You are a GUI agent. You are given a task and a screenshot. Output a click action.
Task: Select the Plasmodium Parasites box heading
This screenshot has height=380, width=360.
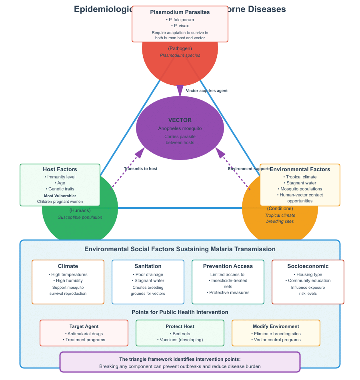tap(180, 12)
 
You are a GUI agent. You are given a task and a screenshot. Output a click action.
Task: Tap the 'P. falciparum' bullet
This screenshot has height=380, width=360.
tap(180, 20)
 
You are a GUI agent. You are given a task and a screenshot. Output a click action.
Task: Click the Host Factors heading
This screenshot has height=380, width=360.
tap(60, 170)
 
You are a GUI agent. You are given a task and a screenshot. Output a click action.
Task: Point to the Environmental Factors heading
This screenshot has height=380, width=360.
tap(300, 170)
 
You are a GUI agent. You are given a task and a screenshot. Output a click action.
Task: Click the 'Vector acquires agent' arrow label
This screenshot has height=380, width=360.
tap(207, 91)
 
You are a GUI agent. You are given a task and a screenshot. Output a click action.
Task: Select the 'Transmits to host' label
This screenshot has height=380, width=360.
tap(140, 169)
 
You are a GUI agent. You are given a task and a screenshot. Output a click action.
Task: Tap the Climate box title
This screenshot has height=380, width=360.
tap(68, 266)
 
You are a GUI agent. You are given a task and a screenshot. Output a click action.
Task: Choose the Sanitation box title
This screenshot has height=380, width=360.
tap(148, 266)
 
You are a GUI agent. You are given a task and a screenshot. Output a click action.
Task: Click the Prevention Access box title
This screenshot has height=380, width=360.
tap(228, 266)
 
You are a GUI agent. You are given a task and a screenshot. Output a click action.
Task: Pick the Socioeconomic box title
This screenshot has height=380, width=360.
tap(308, 266)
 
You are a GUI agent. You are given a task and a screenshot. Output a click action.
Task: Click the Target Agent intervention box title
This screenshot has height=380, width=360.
tap(84, 326)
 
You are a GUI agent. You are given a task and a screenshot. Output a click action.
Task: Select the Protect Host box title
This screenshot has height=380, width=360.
tap(180, 326)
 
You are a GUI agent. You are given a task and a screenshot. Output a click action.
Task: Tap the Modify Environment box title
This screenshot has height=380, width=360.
tap(276, 326)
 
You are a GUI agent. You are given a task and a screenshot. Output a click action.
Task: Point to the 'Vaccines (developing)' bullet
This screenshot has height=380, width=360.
tap(180, 340)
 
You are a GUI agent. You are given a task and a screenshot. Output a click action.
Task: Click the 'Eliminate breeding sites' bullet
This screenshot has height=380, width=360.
tap(276, 334)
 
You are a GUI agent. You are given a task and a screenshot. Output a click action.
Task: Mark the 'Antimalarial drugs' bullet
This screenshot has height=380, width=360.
tap(84, 334)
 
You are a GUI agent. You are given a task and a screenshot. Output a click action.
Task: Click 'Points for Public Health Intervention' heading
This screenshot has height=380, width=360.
tap(180, 312)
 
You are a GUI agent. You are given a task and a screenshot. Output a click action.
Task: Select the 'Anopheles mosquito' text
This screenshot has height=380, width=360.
tap(180, 128)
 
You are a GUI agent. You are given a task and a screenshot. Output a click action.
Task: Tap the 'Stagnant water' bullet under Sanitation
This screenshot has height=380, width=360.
tap(148, 280)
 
